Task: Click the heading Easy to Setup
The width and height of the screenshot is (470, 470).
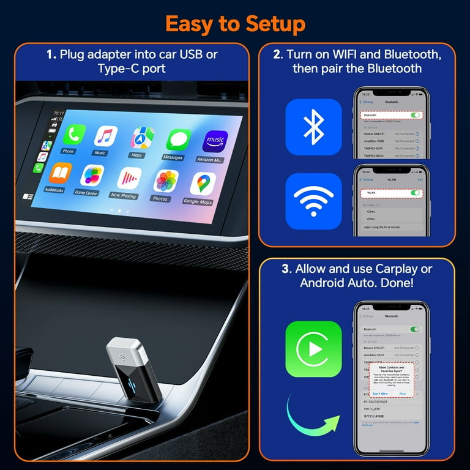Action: tap(235, 24)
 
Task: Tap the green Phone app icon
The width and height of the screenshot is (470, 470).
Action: tap(75, 135)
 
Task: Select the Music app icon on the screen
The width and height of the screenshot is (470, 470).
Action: tap(105, 137)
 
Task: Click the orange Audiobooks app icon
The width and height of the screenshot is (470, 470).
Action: tap(60, 174)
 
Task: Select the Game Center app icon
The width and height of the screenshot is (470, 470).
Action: tap(92, 176)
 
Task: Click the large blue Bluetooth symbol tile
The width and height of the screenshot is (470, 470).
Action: tap(313, 127)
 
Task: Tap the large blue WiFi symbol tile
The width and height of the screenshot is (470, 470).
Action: tap(313, 201)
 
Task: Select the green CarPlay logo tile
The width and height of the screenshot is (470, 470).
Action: tap(313, 349)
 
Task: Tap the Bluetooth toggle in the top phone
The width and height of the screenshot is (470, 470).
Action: tap(416, 114)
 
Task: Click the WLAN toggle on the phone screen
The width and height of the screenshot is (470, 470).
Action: tap(416, 193)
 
